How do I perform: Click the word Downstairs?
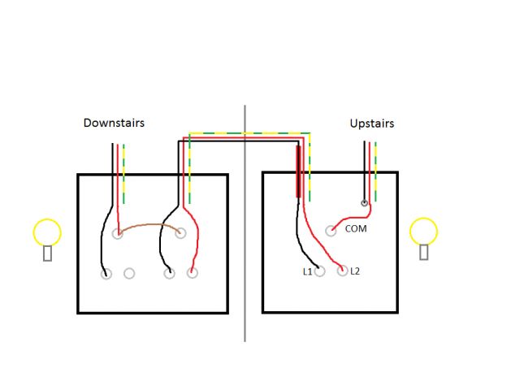click(114, 123)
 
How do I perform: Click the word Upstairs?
click(371, 123)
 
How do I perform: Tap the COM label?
click(356, 229)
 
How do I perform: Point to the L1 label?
click(308, 271)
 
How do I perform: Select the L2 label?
click(355, 271)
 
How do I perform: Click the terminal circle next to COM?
click(331, 231)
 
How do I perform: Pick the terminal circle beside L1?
click(320, 271)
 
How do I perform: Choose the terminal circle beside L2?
click(342, 271)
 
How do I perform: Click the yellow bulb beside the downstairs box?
click(47, 232)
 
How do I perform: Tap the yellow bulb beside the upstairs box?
click(424, 232)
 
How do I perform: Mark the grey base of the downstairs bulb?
click(47, 253)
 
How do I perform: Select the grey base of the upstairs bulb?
click(424, 253)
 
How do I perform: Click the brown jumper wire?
click(149, 225)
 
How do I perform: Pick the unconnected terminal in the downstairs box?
click(129, 274)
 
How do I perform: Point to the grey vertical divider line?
click(245, 244)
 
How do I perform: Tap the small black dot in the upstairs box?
click(365, 203)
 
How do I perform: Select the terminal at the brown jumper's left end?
click(118, 234)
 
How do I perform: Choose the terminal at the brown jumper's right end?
click(180, 234)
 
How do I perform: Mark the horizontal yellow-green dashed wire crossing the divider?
click(245, 133)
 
